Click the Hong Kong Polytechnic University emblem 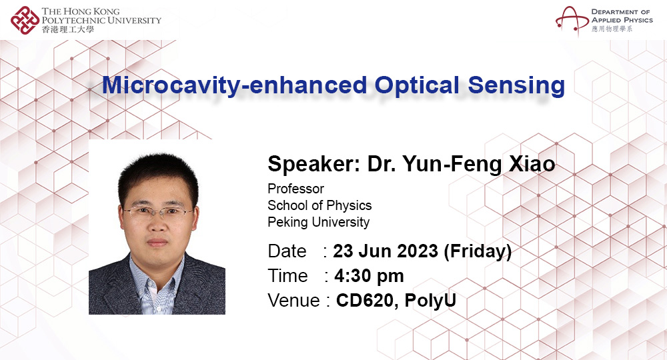(x=25, y=20)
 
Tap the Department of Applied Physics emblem (x=571, y=20)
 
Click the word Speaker (x=311, y=164)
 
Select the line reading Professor (x=295, y=189)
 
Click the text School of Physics (x=319, y=205)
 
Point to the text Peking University (x=318, y=222)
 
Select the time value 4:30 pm (x=368, y=276)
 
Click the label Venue (x=293, y=301)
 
